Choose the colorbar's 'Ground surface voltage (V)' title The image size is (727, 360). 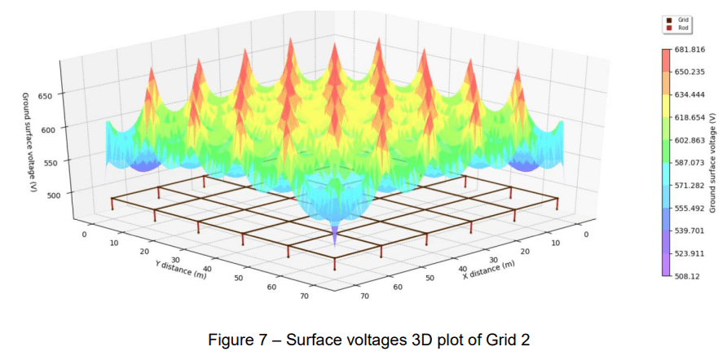click(712, 163)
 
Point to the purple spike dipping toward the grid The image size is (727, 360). click(335, 234)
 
